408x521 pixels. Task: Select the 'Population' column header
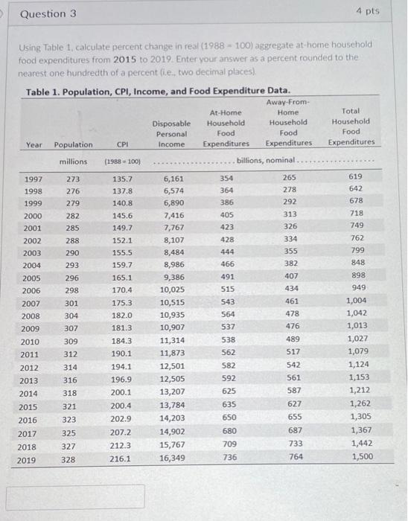point(74,144)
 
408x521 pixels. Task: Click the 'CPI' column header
point(122,144)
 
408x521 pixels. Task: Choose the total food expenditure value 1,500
point(361,456)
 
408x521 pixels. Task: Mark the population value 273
point(73,179)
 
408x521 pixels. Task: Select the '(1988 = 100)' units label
point(123,162)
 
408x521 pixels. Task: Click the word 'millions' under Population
point(74,162)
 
